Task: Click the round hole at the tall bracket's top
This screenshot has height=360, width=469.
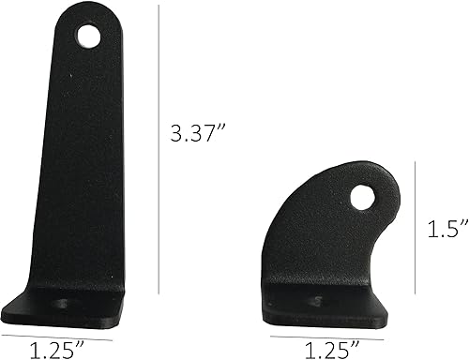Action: (89, 37)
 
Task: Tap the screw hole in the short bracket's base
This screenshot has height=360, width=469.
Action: (315, 304)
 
